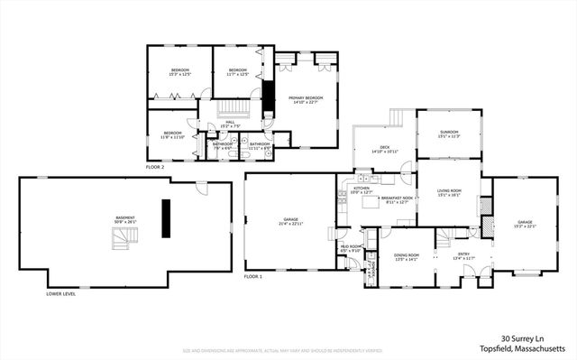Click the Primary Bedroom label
point(307,99)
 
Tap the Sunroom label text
point(448,135)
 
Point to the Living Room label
point(448,192)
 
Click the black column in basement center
point(166,218)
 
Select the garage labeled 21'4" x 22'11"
point(290,220)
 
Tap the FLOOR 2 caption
point(156,167)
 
